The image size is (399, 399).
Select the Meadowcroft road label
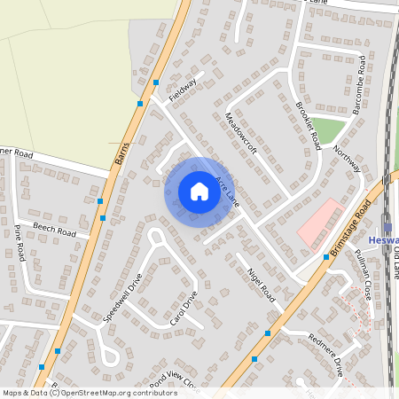(241, 134)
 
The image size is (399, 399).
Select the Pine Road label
(20, 242)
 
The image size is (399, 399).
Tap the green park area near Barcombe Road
(329, 129)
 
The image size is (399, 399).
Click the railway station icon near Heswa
(387, 222)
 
